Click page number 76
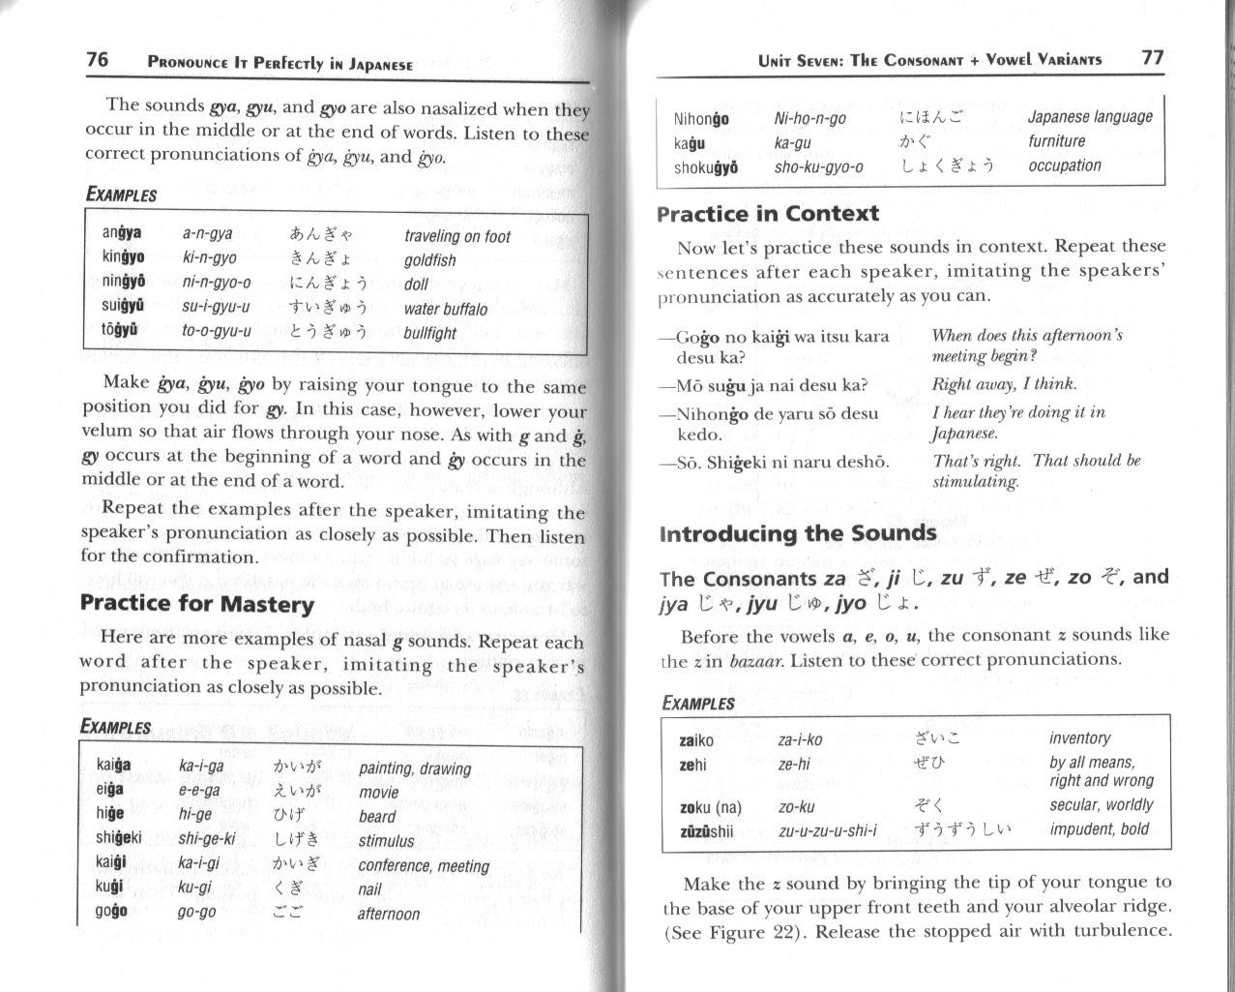click(x=97, y=60)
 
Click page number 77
click(x=1152, y=57)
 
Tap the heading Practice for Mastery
click(x=197, y=605)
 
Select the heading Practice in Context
click(x=767, y=214)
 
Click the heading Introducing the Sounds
click(x=797, y=534)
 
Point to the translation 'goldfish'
click(x=429, y=260)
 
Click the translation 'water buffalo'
click(x=445, y=310)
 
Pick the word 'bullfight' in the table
click(x=429, y=333)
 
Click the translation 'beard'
click(x=377, y=816)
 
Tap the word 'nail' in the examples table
click(x=369, y=888)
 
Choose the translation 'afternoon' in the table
click(x=389, y=914)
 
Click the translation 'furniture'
click(x=1056, y=141)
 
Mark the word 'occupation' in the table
click(x=1064, y=165)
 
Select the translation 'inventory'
click(x=1079, y=738)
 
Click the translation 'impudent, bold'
click(x=1099, y=829)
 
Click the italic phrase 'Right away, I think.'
click(x=1003, y=384)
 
